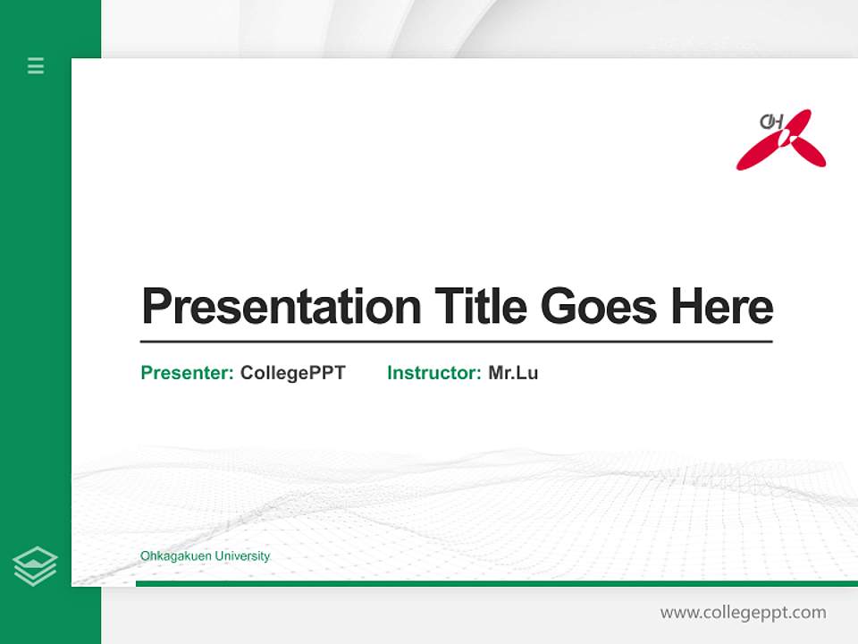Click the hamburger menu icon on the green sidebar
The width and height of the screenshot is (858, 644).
tap(36, 65)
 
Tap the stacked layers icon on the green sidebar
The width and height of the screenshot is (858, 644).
tap(35, 566)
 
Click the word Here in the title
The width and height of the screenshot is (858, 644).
tap(721, 307)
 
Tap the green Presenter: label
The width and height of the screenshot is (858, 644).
tap(187, 373)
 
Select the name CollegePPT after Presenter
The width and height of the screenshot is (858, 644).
tap(292, 373)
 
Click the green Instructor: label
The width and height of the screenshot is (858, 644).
tap(433, 373)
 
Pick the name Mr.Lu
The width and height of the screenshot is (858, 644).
tap(513, 373)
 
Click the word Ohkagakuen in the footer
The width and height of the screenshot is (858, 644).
tap(175, 556)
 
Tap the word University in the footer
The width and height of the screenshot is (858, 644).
tap(241, 556)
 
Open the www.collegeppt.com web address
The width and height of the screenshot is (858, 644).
tap(743, 613)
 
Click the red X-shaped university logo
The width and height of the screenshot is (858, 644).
tap(781, 140)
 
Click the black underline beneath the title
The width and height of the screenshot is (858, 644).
tap(456, 342)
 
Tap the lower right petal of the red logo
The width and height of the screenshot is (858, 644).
tap(809, 154)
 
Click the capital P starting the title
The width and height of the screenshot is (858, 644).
tap(157, 307)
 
